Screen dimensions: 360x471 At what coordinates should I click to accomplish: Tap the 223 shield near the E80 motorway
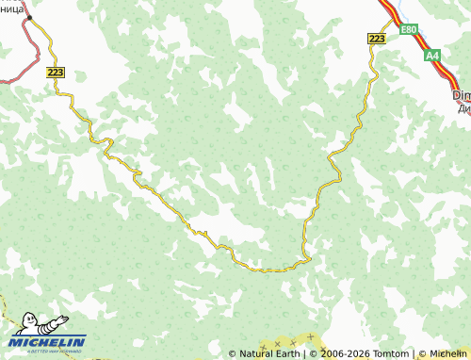[377, 38]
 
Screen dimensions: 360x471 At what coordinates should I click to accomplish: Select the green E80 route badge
[408, 30]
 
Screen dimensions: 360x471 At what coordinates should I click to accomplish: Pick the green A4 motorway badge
[431, 57]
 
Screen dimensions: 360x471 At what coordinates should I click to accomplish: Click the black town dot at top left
[28, 17]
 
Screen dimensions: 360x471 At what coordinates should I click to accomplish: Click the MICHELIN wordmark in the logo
[48, 342]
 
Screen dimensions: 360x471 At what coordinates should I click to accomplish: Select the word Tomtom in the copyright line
[388, 353]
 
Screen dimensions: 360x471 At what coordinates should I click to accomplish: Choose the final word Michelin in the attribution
[447, 353]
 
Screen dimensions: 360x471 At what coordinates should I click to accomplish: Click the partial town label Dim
[461, 95]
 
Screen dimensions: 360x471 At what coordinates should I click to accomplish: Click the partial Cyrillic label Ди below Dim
[462, 107]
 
